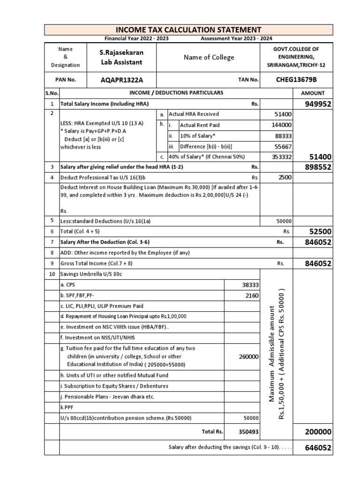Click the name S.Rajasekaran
point(121,52)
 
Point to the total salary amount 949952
point(318,104)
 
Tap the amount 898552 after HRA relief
point(318,167)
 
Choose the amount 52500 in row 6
point(320,231)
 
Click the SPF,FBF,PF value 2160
point(251,296)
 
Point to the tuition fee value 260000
point(248,357)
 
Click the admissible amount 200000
point(318,432)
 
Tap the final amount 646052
point(318,448)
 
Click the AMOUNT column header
point(313,93)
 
